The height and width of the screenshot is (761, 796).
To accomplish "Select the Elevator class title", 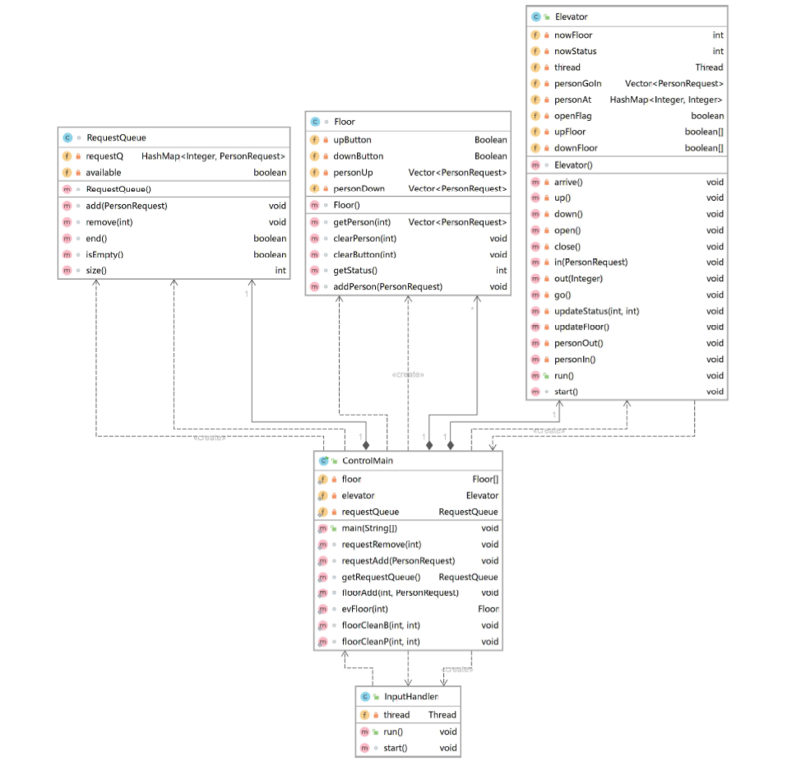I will (x=571, y=16).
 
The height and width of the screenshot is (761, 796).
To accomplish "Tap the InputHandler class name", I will (x=411, y=696).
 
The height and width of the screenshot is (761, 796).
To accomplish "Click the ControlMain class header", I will (x=367, y=461).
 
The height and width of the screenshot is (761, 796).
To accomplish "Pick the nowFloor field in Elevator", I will (x=573, y=35).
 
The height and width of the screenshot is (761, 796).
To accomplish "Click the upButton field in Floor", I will (x=352, y=140).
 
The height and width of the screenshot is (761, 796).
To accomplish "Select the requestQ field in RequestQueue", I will (x=104, y=155).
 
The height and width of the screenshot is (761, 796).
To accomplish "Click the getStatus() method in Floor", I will (x=354, y=270).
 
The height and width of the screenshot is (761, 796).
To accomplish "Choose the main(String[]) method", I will (x=369, y=528).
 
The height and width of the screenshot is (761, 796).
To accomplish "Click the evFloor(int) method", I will (x=364, y=609).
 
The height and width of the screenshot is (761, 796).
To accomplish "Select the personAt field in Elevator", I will (x=572, y=100).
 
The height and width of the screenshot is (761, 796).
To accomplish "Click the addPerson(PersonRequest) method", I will (x=387, y=286).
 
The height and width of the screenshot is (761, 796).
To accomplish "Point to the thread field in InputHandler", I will (x=396, y=715).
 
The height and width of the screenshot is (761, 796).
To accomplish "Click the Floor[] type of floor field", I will (x=484, y=479).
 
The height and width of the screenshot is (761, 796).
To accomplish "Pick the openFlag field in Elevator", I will (x=572, y=116).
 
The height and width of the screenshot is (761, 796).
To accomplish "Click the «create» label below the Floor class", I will (x=409, y=374).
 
